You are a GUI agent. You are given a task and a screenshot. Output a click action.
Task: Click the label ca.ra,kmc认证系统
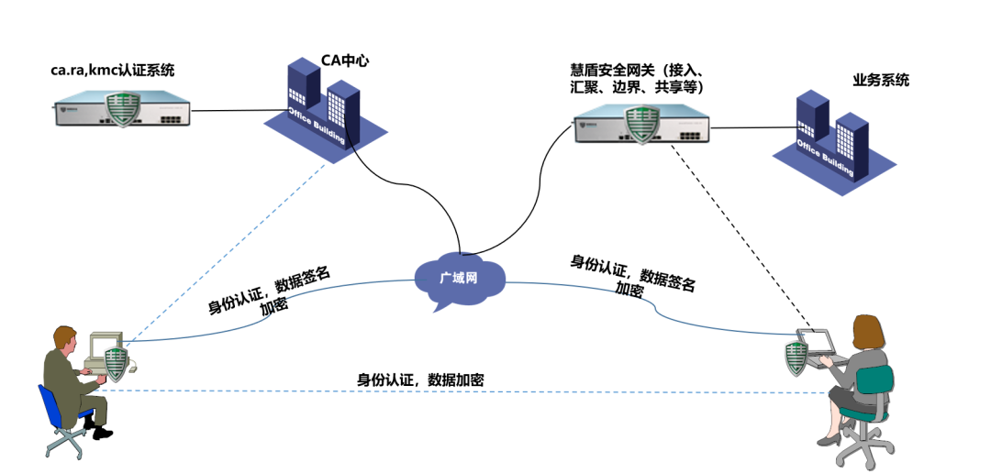coord(113,70)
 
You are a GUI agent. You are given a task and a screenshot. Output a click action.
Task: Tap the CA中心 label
coord(345,61)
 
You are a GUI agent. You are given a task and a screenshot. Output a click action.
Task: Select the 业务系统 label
coord(880,80)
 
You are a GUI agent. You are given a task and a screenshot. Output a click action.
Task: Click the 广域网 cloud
coord(459,277)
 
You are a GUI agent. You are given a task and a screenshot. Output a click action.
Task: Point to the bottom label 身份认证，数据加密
coord(420,379)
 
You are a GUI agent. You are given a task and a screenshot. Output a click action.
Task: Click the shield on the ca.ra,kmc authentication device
coord(122,107)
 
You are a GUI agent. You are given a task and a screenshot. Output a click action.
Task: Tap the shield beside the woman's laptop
coord(796,355)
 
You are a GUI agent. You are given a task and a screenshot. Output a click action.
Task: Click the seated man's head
coord(64,337)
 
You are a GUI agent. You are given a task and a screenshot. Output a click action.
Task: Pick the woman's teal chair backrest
coord(877,380)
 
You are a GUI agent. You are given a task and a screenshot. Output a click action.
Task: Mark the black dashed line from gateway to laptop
coord(734,238)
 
